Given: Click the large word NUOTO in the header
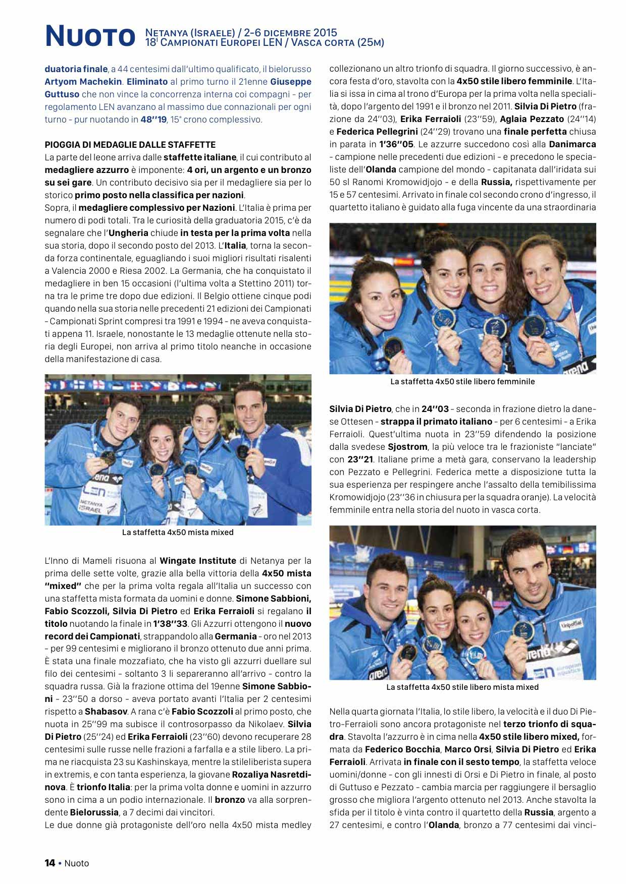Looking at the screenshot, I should coord(90,37).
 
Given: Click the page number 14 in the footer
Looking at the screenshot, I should coord(50,863).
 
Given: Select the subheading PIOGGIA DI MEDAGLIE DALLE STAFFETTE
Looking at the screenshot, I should coord(130,145).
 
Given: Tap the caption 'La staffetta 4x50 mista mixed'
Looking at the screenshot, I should coord(178,532).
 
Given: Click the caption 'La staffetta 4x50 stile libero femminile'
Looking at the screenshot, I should coord(462,382).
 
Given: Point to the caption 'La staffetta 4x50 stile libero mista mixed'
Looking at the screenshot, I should coord(462,687).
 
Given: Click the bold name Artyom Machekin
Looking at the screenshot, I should coord(83,82).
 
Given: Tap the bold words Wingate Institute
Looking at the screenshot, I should coord(198,561).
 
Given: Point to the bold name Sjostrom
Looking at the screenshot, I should coord(407,447).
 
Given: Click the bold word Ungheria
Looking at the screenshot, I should coord(128,233).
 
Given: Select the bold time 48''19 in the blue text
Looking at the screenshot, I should coord(153,120).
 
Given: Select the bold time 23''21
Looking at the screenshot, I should coord(360,459).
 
